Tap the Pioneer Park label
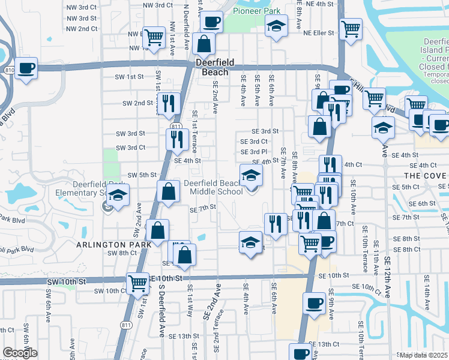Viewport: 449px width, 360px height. [x=256, y=11]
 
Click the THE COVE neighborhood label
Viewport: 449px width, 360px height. [x=425, y=175]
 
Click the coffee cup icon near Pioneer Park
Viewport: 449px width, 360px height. [x=211, y=23]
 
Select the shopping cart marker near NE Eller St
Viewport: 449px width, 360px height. [x=350, y=28]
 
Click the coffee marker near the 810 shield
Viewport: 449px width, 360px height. [x=26, y=68]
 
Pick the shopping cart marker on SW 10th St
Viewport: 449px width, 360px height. [x=137, y=281]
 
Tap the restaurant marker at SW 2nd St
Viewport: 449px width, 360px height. [x=168, y=103]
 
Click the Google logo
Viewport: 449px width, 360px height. [x=20, y=353]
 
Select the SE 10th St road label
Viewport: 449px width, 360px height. [x=334, y=275]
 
